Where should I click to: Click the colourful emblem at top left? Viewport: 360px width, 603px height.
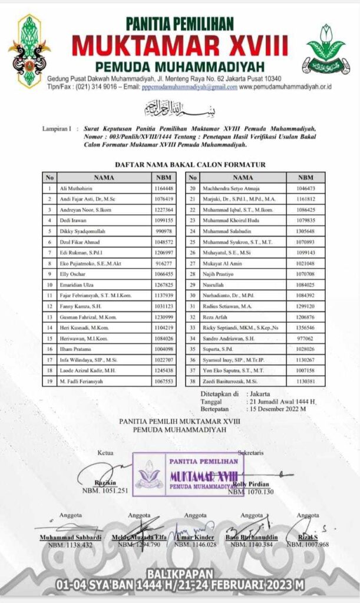click(x=29, y=50)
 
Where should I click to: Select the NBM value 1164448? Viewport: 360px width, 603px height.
click(x=163, y=188)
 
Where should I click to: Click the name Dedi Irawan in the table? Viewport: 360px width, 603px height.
click(x=74, y=220)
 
